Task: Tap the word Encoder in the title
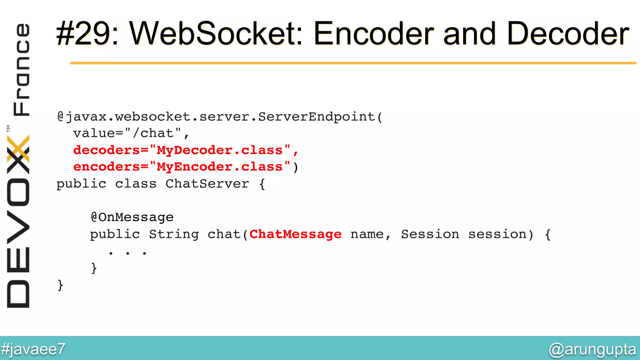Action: tap(374, 34)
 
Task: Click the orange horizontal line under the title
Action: tap(353, 63)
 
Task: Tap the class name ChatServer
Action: tap(207, 184)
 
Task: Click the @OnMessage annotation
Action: tap(132, 217)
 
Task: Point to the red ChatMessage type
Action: tap(295, 234)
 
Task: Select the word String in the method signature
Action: tap(174, 234)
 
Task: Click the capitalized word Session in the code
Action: tap(430, 234)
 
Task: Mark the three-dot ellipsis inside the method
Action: tap(127, 253)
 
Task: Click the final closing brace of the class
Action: tap(60, 285)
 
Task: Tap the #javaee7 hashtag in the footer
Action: tap(33, 349)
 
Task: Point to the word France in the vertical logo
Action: tap(21, 69)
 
